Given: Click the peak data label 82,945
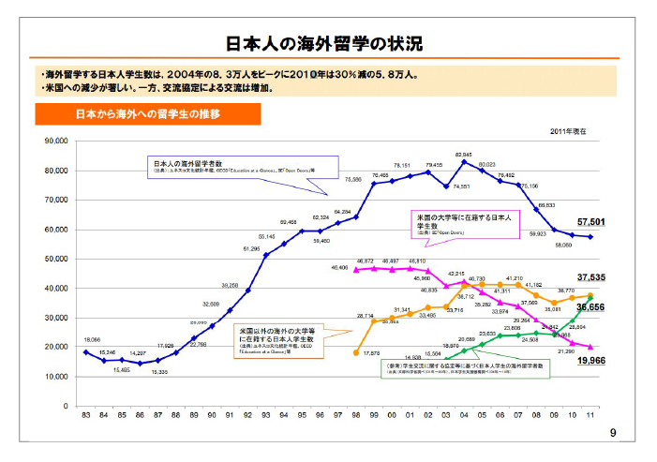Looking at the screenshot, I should pos(463,153).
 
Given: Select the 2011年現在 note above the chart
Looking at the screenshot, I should pos(568,131).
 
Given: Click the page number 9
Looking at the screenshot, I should pos(613,433).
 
